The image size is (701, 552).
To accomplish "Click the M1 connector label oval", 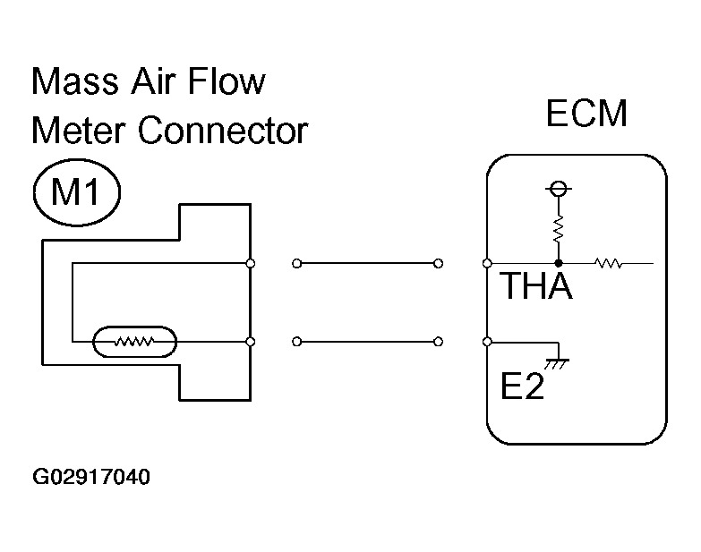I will (76, 193).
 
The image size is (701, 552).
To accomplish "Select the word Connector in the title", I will (224, 132).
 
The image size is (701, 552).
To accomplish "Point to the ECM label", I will (586, 115).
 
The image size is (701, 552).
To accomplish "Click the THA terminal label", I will (535, 287).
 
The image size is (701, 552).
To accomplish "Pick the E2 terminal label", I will (522, 386).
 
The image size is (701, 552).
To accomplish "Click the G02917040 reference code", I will (91, 477).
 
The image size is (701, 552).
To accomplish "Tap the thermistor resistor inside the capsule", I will (135, 341).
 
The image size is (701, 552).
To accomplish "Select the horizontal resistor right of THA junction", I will (609, 263).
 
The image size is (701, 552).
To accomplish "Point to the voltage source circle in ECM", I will (559, 189).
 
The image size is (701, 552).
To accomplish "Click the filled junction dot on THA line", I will (559, 263).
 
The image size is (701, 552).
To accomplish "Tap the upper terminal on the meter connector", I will (250, 263).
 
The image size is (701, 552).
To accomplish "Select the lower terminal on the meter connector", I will (250, 341).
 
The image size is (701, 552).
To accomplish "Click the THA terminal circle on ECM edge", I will (486, 263).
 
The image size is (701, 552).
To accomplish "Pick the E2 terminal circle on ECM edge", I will (486, 341).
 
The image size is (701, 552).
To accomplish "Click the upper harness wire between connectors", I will (367, 263).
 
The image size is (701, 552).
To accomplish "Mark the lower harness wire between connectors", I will (367, 341).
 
